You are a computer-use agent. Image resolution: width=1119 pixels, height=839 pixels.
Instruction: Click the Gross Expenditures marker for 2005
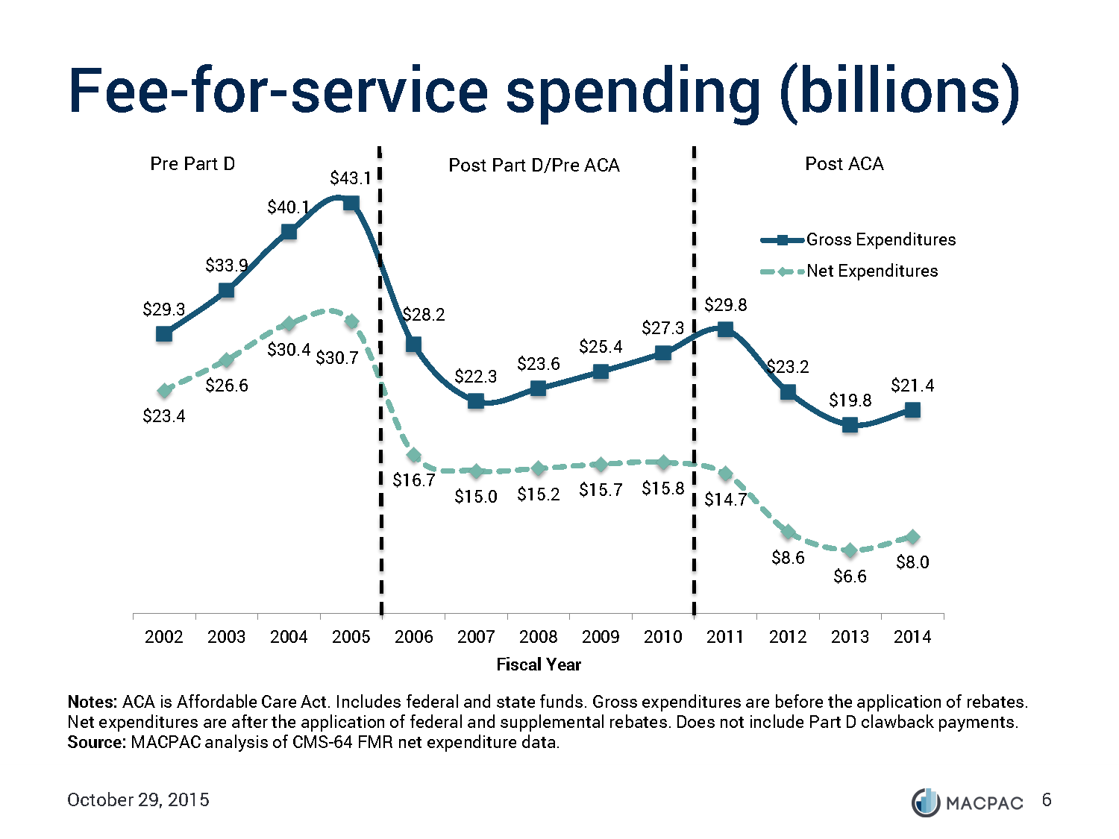351,203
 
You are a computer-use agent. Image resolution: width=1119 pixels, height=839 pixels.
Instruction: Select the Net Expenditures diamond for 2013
850,550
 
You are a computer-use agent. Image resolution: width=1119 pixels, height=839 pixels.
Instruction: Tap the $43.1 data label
351,178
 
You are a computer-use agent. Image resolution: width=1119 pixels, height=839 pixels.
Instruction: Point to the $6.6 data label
850,576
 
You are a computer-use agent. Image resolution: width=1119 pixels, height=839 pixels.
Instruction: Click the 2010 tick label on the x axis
663,637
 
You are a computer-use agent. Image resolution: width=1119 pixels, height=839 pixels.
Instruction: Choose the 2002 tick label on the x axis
164,637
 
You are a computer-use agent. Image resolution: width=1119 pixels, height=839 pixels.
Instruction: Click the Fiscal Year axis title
539,664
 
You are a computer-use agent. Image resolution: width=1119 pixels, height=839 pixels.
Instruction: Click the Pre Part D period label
192,164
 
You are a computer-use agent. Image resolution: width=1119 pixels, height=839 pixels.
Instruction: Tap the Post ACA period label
844,164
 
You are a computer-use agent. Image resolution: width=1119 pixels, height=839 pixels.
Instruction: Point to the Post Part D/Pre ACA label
534,166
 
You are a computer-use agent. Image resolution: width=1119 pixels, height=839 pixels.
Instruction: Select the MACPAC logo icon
926,802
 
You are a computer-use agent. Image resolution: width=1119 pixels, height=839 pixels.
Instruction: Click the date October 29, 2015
138,800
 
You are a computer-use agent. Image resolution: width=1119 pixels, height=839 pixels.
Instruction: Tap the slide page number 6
1047,800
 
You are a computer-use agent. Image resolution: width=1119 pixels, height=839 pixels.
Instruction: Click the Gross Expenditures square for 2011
725,329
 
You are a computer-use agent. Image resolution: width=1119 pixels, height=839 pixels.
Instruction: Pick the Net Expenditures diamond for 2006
414,455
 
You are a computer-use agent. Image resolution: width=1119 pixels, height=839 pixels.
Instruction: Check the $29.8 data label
725,305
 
